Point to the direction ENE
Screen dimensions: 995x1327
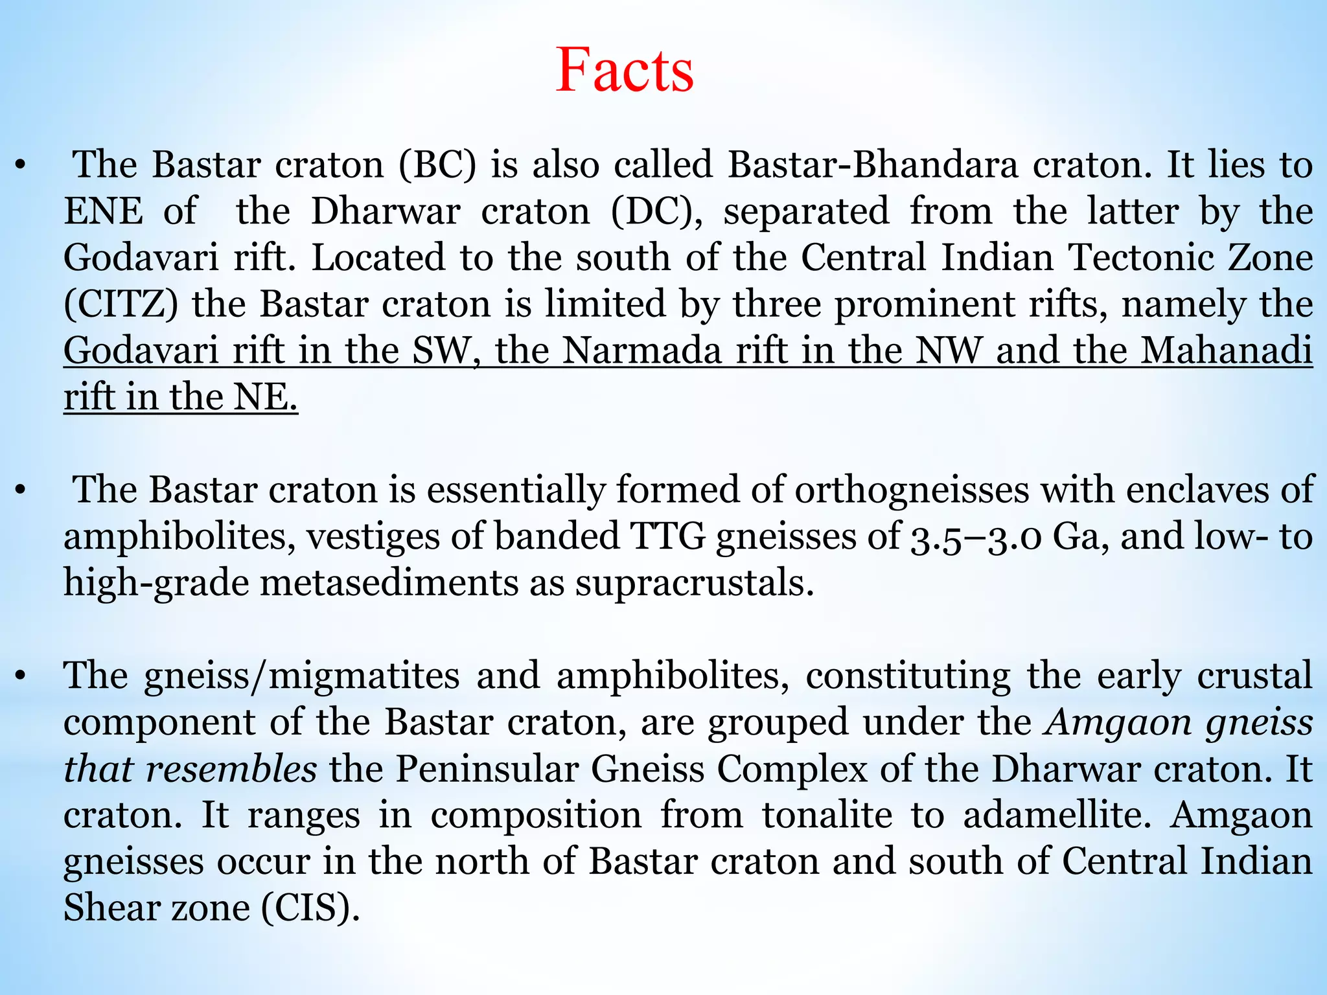coord(103,211)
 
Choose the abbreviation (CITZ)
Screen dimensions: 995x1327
coord(121,304)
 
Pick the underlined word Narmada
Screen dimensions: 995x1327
coord(641,350)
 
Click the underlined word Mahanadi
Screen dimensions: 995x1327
coord(1227,350)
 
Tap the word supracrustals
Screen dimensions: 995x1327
coord(694,582)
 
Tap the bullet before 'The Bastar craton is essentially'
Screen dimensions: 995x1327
coord(21,491)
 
